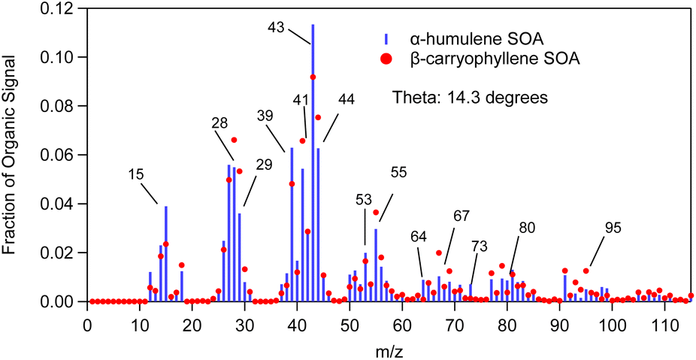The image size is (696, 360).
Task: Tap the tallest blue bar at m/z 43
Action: pyautogui.click(x=313, y=150)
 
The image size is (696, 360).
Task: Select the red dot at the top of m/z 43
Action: pyautogui.click(x=313, y=77)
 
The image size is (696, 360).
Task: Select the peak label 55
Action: pyautogui.click(x=400, y=173)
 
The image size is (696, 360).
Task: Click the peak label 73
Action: pyautogui.click(x=479, y=245)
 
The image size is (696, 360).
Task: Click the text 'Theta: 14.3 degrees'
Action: pyautogui.click(x=469, y=97)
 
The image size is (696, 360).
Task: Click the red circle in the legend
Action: pyautogui.click(x=386, y=58)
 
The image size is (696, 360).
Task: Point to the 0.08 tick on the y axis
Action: pyautogui.click(x=65, y=106)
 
